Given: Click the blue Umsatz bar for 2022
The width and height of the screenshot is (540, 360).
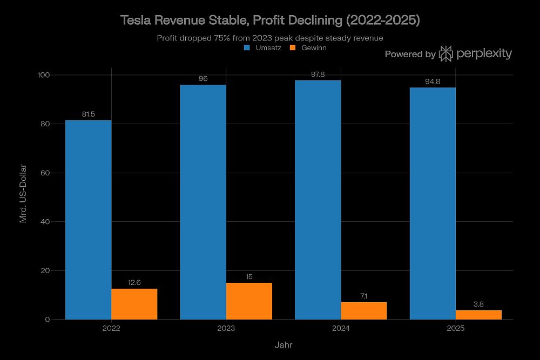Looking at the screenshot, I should (x=88, y=220).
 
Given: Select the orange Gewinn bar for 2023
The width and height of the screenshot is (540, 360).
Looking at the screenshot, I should (x=249, y=301).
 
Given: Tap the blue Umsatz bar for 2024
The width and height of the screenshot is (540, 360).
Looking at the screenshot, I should (x=318, y=200).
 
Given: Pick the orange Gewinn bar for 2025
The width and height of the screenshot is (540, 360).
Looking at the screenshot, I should (x=478, y=315).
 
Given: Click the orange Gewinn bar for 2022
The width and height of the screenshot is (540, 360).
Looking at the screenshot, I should (x=134, y=304).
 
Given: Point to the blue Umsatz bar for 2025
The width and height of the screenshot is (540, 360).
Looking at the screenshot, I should (x=433, y=203).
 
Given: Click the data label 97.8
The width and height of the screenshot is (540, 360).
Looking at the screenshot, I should (x=318, y=74).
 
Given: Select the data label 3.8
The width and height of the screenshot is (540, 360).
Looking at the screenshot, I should (x=478, y=304).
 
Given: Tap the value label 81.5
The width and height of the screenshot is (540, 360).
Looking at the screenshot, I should (x=88, y=114).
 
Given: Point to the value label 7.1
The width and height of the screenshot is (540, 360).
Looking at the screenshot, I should (x=363, y=296).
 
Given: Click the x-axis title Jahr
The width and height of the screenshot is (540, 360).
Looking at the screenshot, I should (x=283, y=344).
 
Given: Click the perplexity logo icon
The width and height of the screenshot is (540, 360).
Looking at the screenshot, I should (x=446, y=54).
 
